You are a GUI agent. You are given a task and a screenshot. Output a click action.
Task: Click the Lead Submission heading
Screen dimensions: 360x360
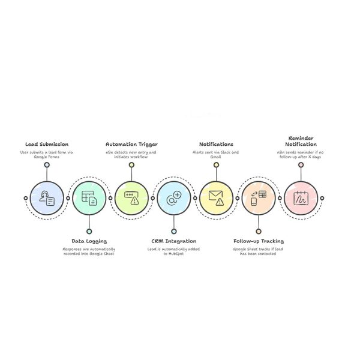[x=47, y=144]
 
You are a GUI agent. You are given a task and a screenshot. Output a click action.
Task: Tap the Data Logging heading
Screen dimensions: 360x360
[x=89, y=241]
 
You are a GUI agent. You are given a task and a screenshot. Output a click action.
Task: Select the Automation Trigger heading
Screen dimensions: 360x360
[x=131, y=145]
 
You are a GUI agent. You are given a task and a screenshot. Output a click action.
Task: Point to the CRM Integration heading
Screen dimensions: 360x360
[x=174, y=241]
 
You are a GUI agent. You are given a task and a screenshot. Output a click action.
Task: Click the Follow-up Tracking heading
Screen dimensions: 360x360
[x=259, y=241]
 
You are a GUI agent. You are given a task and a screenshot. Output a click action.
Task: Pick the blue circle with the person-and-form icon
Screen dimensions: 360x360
[x=47, y=198]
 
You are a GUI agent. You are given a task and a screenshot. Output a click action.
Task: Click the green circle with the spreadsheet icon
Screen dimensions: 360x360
[x=89, y=198]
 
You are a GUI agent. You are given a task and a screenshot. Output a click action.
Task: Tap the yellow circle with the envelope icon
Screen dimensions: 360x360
[x=216, y=198]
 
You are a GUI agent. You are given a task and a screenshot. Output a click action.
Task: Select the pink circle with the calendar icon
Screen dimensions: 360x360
[x=301, y=198]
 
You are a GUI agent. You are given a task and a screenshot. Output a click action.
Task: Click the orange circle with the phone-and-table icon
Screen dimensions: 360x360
[x=259, y=198]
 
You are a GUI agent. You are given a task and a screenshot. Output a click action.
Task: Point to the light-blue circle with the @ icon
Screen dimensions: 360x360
[x=174, y=198]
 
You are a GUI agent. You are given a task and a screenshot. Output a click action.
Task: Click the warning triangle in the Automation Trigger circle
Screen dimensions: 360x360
[x=135, y=201]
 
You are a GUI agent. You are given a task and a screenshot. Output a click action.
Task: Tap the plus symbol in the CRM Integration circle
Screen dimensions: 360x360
[x=177, y=195]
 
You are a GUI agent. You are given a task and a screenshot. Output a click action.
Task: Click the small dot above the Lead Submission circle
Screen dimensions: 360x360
[x=47, y=165]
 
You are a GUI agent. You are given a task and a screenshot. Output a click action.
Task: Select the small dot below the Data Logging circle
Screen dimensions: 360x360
[x=89, y=232]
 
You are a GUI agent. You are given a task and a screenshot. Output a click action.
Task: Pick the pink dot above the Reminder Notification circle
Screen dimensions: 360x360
[x=301, y=165]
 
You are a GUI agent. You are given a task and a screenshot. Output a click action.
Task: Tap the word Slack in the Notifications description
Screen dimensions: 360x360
[x=226, y=152]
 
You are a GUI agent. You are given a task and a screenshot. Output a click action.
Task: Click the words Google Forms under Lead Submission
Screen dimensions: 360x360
[x=47, y=157]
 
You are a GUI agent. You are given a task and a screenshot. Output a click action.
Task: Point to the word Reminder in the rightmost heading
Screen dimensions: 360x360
[x=301, y=138]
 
